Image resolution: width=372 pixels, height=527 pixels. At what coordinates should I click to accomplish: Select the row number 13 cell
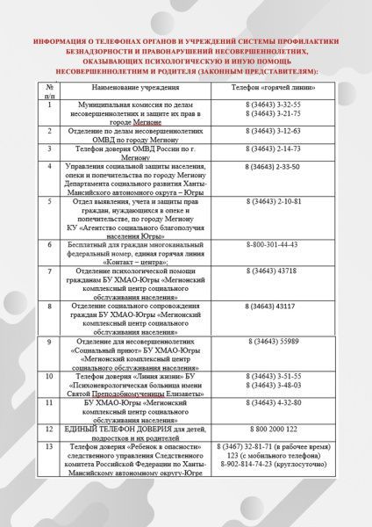[50, 447]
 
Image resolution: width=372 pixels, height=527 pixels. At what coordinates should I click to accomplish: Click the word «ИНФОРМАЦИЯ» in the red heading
[73, 41]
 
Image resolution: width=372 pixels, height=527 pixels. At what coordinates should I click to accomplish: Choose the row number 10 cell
[50, 375]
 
